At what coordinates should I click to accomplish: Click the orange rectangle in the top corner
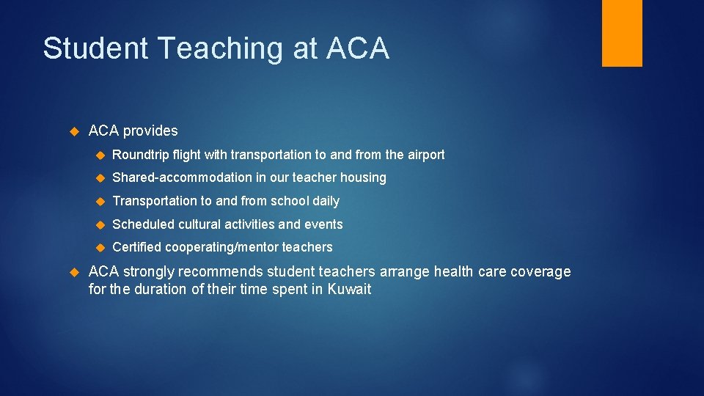pos(622,33)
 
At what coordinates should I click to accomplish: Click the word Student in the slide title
pos(95,48)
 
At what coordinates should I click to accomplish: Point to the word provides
pos(150,131)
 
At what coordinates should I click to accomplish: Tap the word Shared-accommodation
pos(175,177)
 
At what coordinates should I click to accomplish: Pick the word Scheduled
pos(143,224)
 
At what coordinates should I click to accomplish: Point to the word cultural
pos(199,224)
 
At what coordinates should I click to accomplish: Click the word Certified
pos(137,248)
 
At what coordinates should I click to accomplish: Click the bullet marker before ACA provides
pos(73,131)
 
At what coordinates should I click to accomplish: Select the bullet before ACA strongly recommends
pos(73,272)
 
